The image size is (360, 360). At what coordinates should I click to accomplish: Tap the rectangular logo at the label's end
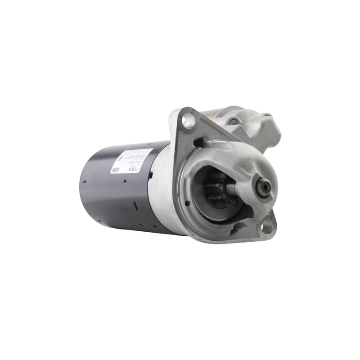pos(115,171)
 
